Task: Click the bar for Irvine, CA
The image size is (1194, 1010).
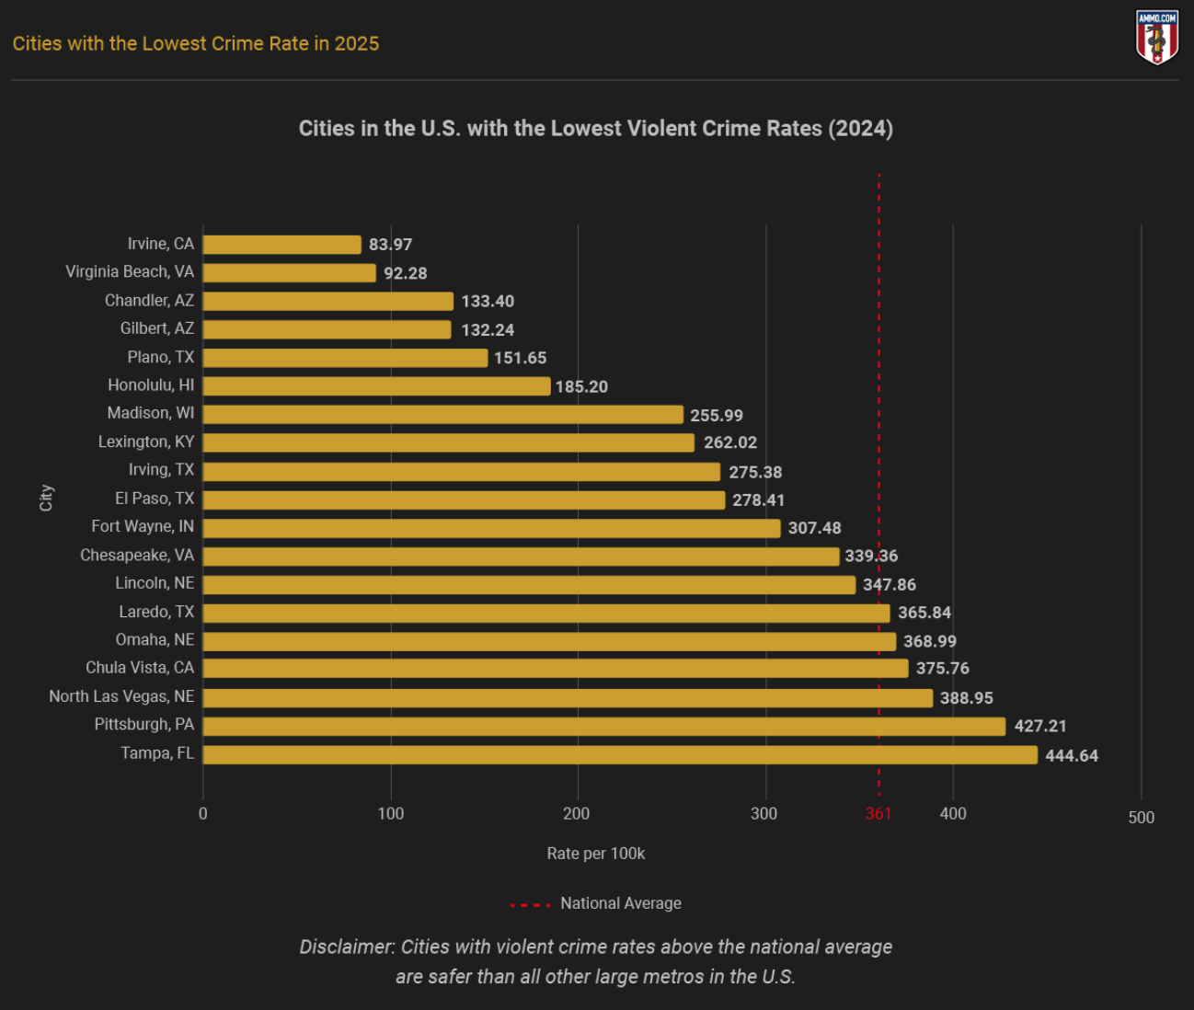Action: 281,245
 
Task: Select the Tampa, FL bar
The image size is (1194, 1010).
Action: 620,755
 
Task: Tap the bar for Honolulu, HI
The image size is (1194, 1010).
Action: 376,386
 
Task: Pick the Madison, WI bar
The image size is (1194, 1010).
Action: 442,415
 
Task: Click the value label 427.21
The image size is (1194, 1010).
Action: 1040,727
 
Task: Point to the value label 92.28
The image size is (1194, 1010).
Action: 405,273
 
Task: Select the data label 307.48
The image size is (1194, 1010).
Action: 814,528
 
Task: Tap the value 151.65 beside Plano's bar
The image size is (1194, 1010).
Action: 520,358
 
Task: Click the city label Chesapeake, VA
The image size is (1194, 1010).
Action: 137,556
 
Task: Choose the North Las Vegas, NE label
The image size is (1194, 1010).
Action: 121,696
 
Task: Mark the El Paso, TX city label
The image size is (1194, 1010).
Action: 155,499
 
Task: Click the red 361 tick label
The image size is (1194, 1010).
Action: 878,814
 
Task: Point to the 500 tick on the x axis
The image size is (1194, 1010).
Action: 1141,818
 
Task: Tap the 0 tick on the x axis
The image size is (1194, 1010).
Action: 203,814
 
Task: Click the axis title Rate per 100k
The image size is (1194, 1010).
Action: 595,854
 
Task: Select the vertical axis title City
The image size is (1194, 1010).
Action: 46,498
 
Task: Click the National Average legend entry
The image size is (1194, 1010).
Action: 620,903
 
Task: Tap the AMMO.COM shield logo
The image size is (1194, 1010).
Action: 1157,38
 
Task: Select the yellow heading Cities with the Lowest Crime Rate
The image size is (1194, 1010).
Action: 195,43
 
